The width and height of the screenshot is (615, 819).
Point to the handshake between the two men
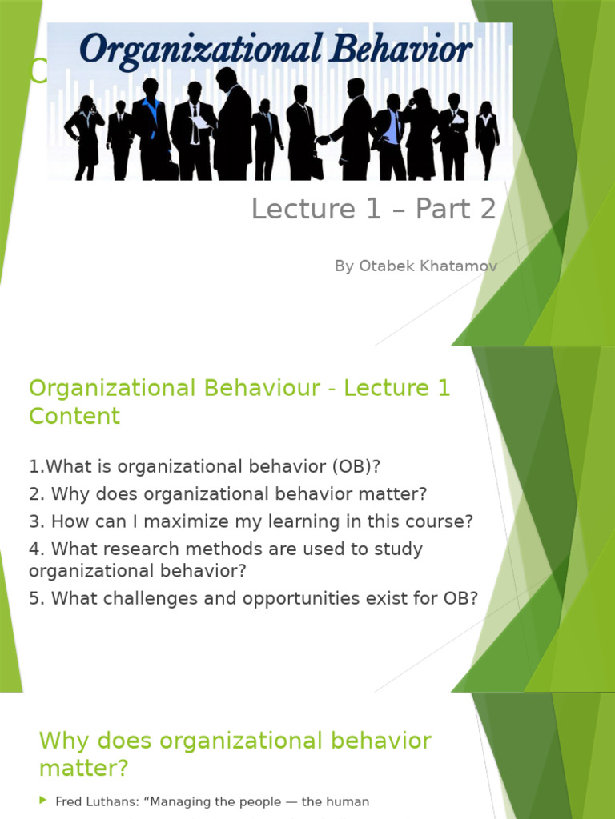click(323, 139)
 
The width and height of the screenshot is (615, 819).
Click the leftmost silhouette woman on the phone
click(85, 136)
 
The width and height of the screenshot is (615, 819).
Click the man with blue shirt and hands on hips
click(392, 136)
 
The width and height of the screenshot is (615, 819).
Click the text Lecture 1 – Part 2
click(373, 209)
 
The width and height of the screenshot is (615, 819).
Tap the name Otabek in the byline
click(385, 266)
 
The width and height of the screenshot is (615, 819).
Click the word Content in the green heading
click(74, 416)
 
